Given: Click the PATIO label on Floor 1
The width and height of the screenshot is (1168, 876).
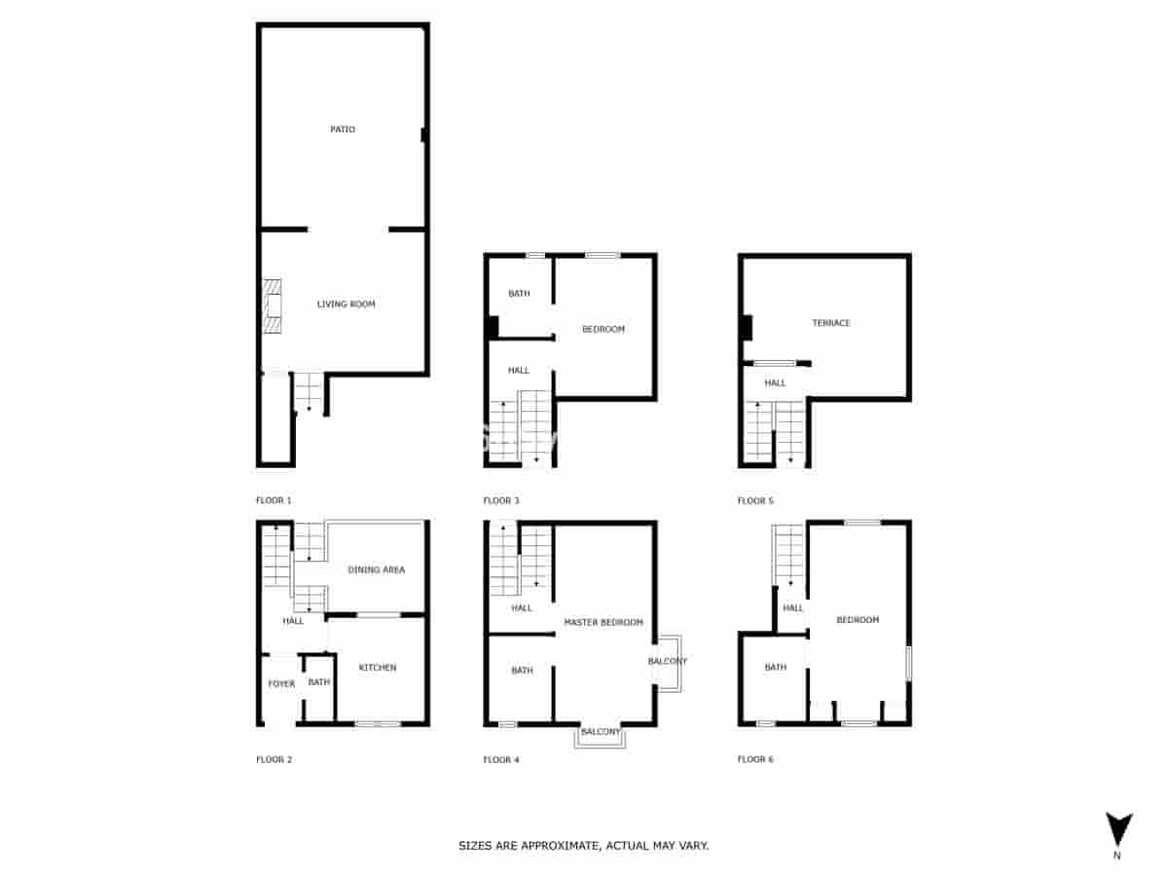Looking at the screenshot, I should click(x=342, y=129).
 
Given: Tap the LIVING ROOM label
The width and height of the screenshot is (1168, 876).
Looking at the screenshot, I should click(x=346, y=305).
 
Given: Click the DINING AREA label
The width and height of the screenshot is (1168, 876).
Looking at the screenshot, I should click(x=376, y=570).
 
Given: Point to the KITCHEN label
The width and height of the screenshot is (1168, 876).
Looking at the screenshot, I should click(x=378, y=668).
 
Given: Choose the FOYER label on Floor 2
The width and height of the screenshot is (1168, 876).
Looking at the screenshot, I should click(x=281, y=684).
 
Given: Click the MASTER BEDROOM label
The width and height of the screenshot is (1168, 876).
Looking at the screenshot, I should click(x=603, y=622).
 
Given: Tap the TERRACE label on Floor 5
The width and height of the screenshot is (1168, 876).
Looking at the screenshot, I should click(x=831, y=323).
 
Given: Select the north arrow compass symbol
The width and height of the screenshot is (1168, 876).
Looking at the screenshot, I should click(x=1119, y=830).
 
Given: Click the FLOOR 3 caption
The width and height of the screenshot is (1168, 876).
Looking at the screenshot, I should click(x=501, y=501).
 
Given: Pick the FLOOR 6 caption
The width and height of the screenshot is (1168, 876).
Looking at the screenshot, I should click(x=755, y=759).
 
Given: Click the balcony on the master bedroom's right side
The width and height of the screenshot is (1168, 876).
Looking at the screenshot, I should click(x=668, y=662).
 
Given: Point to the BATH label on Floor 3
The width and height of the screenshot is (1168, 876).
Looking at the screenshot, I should click(x=519, y=294).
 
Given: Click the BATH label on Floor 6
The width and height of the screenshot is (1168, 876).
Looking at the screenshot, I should click(x=775, y=668).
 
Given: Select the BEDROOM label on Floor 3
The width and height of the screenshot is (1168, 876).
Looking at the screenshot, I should click(x=603, y=330).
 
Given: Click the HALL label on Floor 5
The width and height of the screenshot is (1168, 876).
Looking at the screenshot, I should click(x=775, y=383).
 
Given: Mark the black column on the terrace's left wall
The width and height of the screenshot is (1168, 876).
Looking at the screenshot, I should click(x=746, y=328).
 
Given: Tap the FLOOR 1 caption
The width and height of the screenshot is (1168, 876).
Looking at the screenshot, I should click(x=274, y=501).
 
